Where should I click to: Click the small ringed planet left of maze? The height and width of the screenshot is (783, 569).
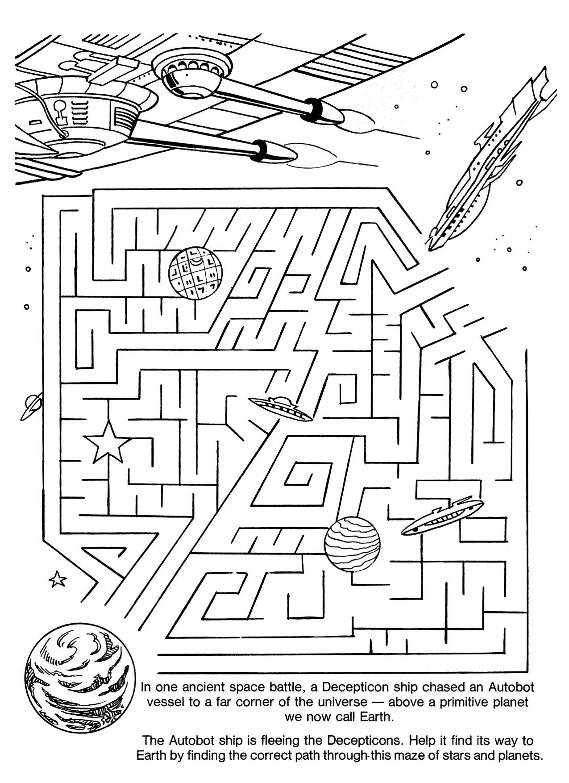coord(32,406)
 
